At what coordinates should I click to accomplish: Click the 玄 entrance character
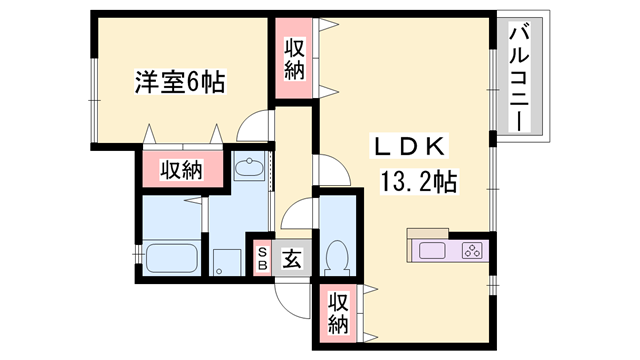coord(290,258)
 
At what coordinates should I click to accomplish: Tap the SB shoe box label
coord(263,259)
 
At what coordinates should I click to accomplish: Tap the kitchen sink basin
coord(435,251)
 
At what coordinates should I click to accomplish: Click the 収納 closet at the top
coord(294,59)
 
